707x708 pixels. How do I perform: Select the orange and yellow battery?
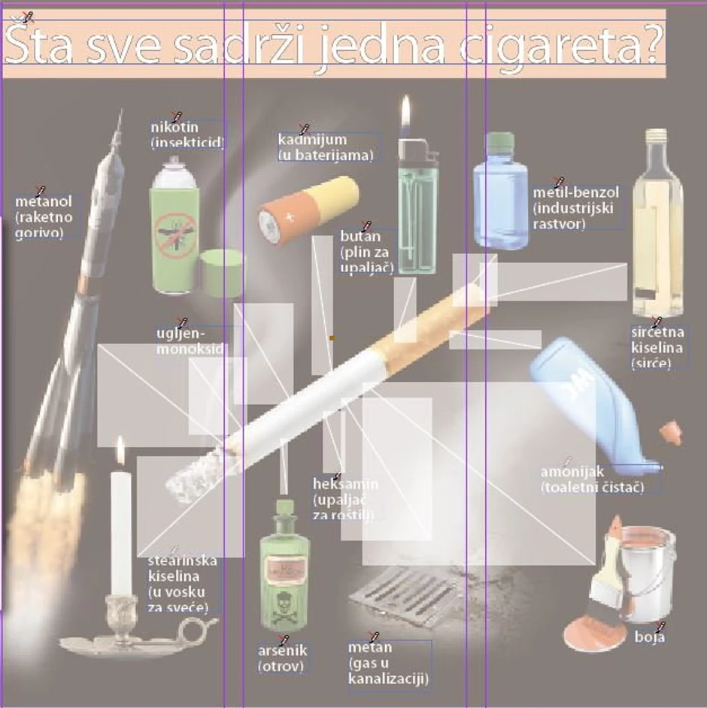coord(308,210)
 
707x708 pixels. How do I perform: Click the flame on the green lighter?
coord(406,113)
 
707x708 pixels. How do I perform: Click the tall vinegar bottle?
coord(657,225)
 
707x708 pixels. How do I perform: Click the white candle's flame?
coord(120,451)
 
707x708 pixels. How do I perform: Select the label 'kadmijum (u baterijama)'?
coord(325,147)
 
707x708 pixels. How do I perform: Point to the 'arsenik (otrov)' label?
coord(282,658)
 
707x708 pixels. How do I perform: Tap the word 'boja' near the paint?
coord(649,637)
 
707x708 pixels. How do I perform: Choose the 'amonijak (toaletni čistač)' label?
coord(593,480)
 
